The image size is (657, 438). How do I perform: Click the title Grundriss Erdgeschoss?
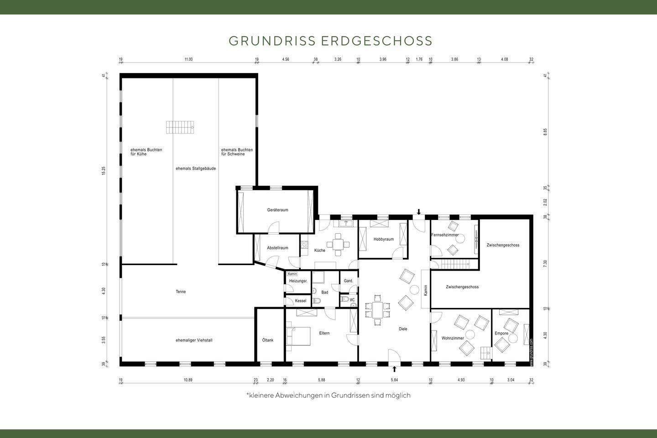click(x=330, y=41)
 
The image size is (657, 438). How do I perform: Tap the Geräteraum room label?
click(x=277, y=210)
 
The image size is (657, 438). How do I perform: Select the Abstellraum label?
click(x=277, y=248)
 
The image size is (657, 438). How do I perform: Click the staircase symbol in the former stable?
click(x=180, y=127)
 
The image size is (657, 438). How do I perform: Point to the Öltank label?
click(x=268, y=340)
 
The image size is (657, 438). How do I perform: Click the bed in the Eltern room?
click(x=298, y=336)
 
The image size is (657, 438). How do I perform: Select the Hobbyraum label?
click(x=383, y=239)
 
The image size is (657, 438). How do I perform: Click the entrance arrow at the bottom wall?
click(x=395, y=369)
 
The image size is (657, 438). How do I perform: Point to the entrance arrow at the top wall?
click(x=419, y=212)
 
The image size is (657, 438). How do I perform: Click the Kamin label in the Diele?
click(x=425, y=290)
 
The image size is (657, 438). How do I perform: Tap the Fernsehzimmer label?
click(x=445, y=235)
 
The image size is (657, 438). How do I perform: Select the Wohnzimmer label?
click(x=453, y=338)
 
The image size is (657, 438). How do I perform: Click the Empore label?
click(x=501, y=334)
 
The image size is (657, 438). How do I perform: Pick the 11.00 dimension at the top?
click(x=188, y=59)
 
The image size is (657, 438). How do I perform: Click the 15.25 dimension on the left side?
click(x=104, y=171)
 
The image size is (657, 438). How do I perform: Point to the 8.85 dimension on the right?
click(x=545, y=131)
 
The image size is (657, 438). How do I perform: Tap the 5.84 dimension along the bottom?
click(x=394, y=380)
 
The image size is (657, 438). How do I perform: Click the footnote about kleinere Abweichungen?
click(x=328, y=396)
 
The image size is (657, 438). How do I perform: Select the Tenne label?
click(x=181, y=292)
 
